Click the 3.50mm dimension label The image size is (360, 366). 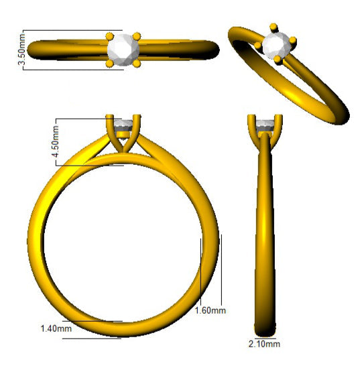21,50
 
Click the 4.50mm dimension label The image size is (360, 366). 56,141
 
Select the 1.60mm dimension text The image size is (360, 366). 211,310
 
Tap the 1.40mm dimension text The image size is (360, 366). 56,328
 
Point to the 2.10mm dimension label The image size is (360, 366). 264,344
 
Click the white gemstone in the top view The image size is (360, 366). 123,50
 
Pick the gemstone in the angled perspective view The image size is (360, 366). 276,46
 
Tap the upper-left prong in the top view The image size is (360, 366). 109,37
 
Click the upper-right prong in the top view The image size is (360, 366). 137,37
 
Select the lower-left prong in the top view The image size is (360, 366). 109,64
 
